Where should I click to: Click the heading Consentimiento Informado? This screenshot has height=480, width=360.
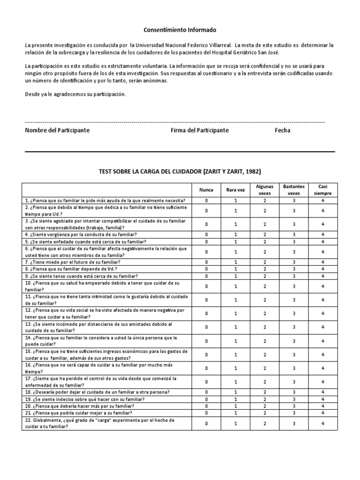(x=180, y=30)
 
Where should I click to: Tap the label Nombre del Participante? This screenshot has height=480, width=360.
(x=57, y=130)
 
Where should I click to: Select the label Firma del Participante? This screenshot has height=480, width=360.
(x=200, y=130)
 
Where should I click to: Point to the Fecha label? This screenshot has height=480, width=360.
(x=282, y=130)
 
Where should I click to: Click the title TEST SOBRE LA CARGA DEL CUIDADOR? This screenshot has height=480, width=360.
(x=180, y=172)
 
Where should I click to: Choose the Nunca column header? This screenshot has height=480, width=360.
(x=206, y=190)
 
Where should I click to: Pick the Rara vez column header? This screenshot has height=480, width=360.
(x=236, y=190)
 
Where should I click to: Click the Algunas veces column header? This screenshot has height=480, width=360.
(x=265, y=190)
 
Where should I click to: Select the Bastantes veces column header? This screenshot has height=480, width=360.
(x=294, y=190)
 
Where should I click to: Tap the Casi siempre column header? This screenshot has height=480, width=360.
(x=323, y=190)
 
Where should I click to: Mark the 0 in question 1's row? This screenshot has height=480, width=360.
(x=206, y=200)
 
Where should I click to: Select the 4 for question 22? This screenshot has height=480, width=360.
(x=323, y=423)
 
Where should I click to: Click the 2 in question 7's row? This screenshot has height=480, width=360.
(x=265, y=262)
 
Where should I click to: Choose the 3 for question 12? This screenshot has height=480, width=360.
(x=294, y=313)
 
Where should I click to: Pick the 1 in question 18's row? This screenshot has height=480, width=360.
(x=236, y=392)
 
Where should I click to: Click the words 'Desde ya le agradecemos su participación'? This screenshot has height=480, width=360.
(x=75, y=94)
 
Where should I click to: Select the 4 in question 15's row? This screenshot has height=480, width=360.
(x=323, y=354)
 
